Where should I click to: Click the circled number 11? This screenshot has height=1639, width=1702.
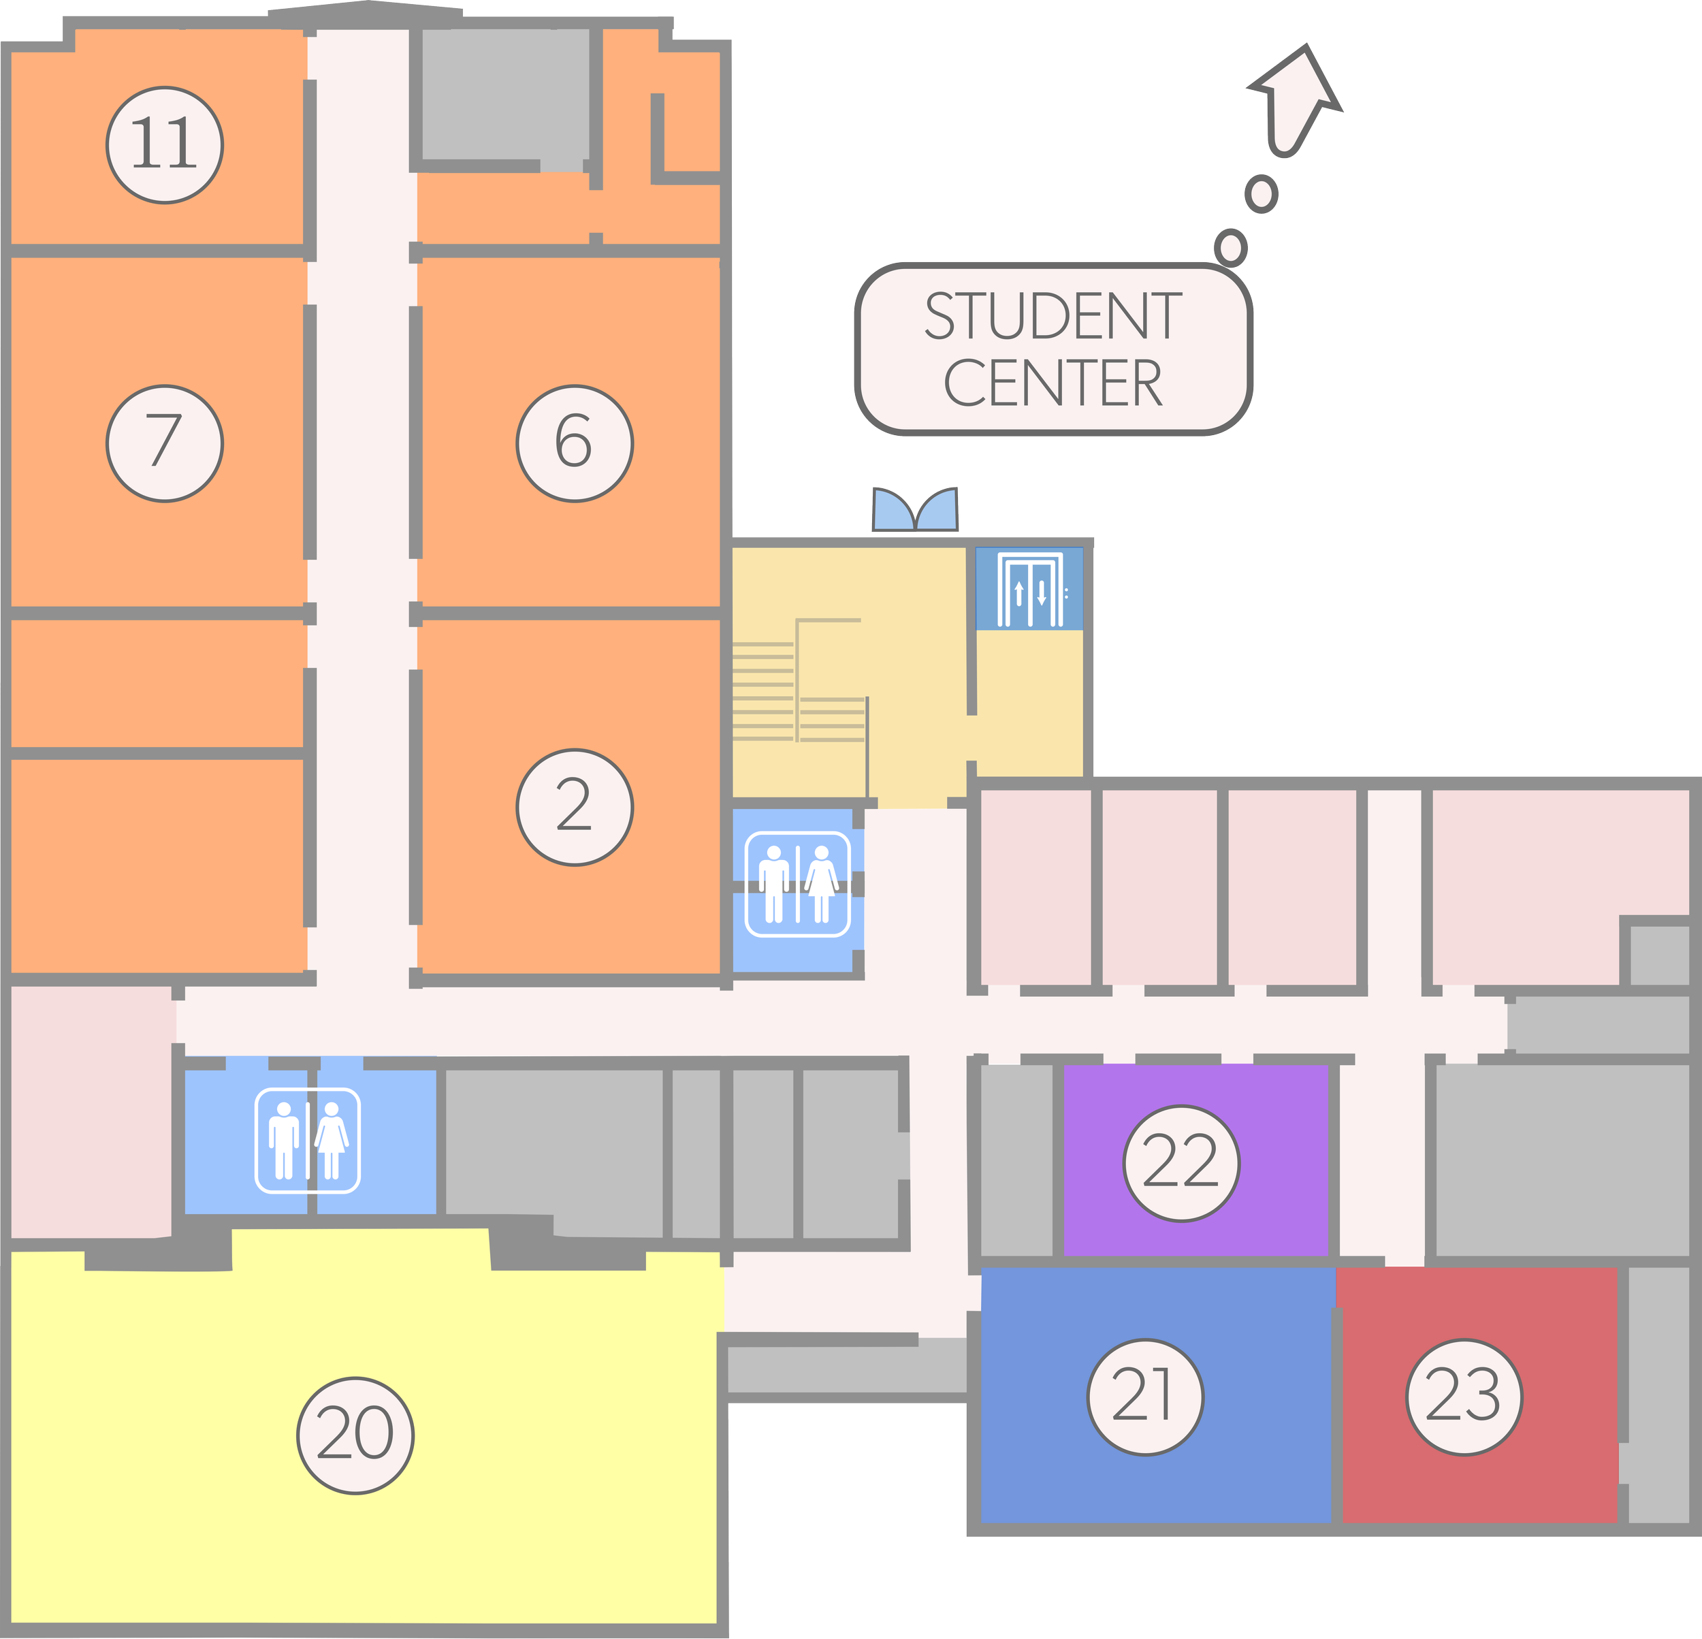[x=165, y=145]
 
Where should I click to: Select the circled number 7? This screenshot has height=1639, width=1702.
[x=165, y=443]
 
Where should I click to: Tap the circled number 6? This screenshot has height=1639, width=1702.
[x=574, y=443]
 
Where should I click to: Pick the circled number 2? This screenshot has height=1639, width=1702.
[x=574, y=807]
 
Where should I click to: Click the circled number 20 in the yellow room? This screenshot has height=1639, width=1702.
[x=355, y=1434]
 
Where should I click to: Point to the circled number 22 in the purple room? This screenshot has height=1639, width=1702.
[x=1181, y=1163]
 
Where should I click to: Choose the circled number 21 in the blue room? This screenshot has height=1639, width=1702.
[x=1145, y=1396]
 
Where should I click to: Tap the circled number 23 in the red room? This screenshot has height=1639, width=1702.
[x=1463, y=1396]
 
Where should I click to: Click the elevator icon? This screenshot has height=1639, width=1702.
[x=1030, y=590]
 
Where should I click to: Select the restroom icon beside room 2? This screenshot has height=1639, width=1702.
[x=797, y=885]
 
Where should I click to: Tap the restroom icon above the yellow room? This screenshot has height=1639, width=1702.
[x=308, y=1140]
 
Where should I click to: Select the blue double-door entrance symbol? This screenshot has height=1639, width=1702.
[x=915, y=510]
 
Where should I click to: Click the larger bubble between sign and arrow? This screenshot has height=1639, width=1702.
[x=1262, y=193]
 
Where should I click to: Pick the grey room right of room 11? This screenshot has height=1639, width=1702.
[x=504, y=95]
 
